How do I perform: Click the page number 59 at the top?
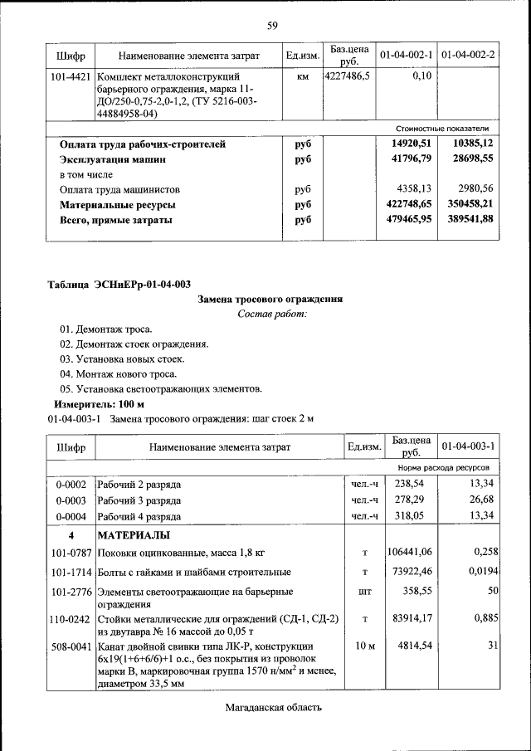coord(271,25)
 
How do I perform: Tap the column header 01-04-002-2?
coord(468,55)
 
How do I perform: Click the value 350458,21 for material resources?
coord(467,204)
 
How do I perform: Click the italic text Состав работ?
coord(271,314)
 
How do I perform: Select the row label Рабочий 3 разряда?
coord(139,500)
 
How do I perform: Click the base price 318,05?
coord(410,516)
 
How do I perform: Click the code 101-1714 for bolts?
coord(70,573)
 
